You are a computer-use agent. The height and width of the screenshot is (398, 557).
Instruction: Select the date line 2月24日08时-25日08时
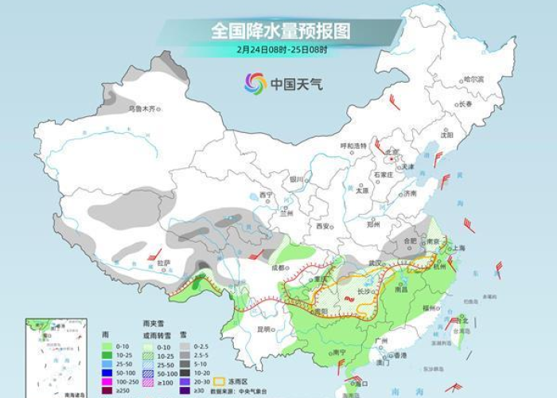280,49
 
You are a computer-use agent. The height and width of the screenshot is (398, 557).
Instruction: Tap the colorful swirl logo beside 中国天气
255,82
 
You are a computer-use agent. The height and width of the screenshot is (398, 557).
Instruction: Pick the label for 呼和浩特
353,146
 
